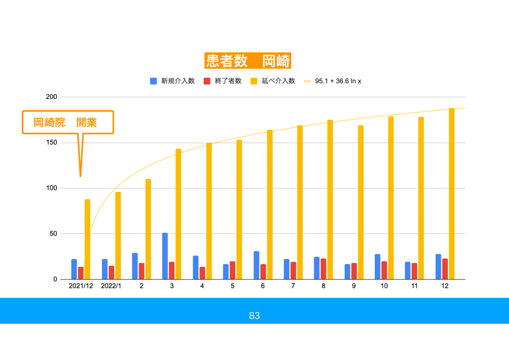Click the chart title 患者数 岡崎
pos(248,61)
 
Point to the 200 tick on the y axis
pos(51,97)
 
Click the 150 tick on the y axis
pos(51,143)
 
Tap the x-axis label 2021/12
pos(81,286)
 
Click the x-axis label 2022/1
pos(111,286)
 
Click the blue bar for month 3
pos(165,256)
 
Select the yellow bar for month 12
pos(452,194)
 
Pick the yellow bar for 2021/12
pos(87,239)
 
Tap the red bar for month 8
pos(323,269)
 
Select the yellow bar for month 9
pos(360,202)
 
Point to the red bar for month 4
pos(202,273)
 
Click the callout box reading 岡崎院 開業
pos(68,122)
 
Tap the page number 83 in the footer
pos(254,316)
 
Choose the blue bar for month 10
pos(378,267)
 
